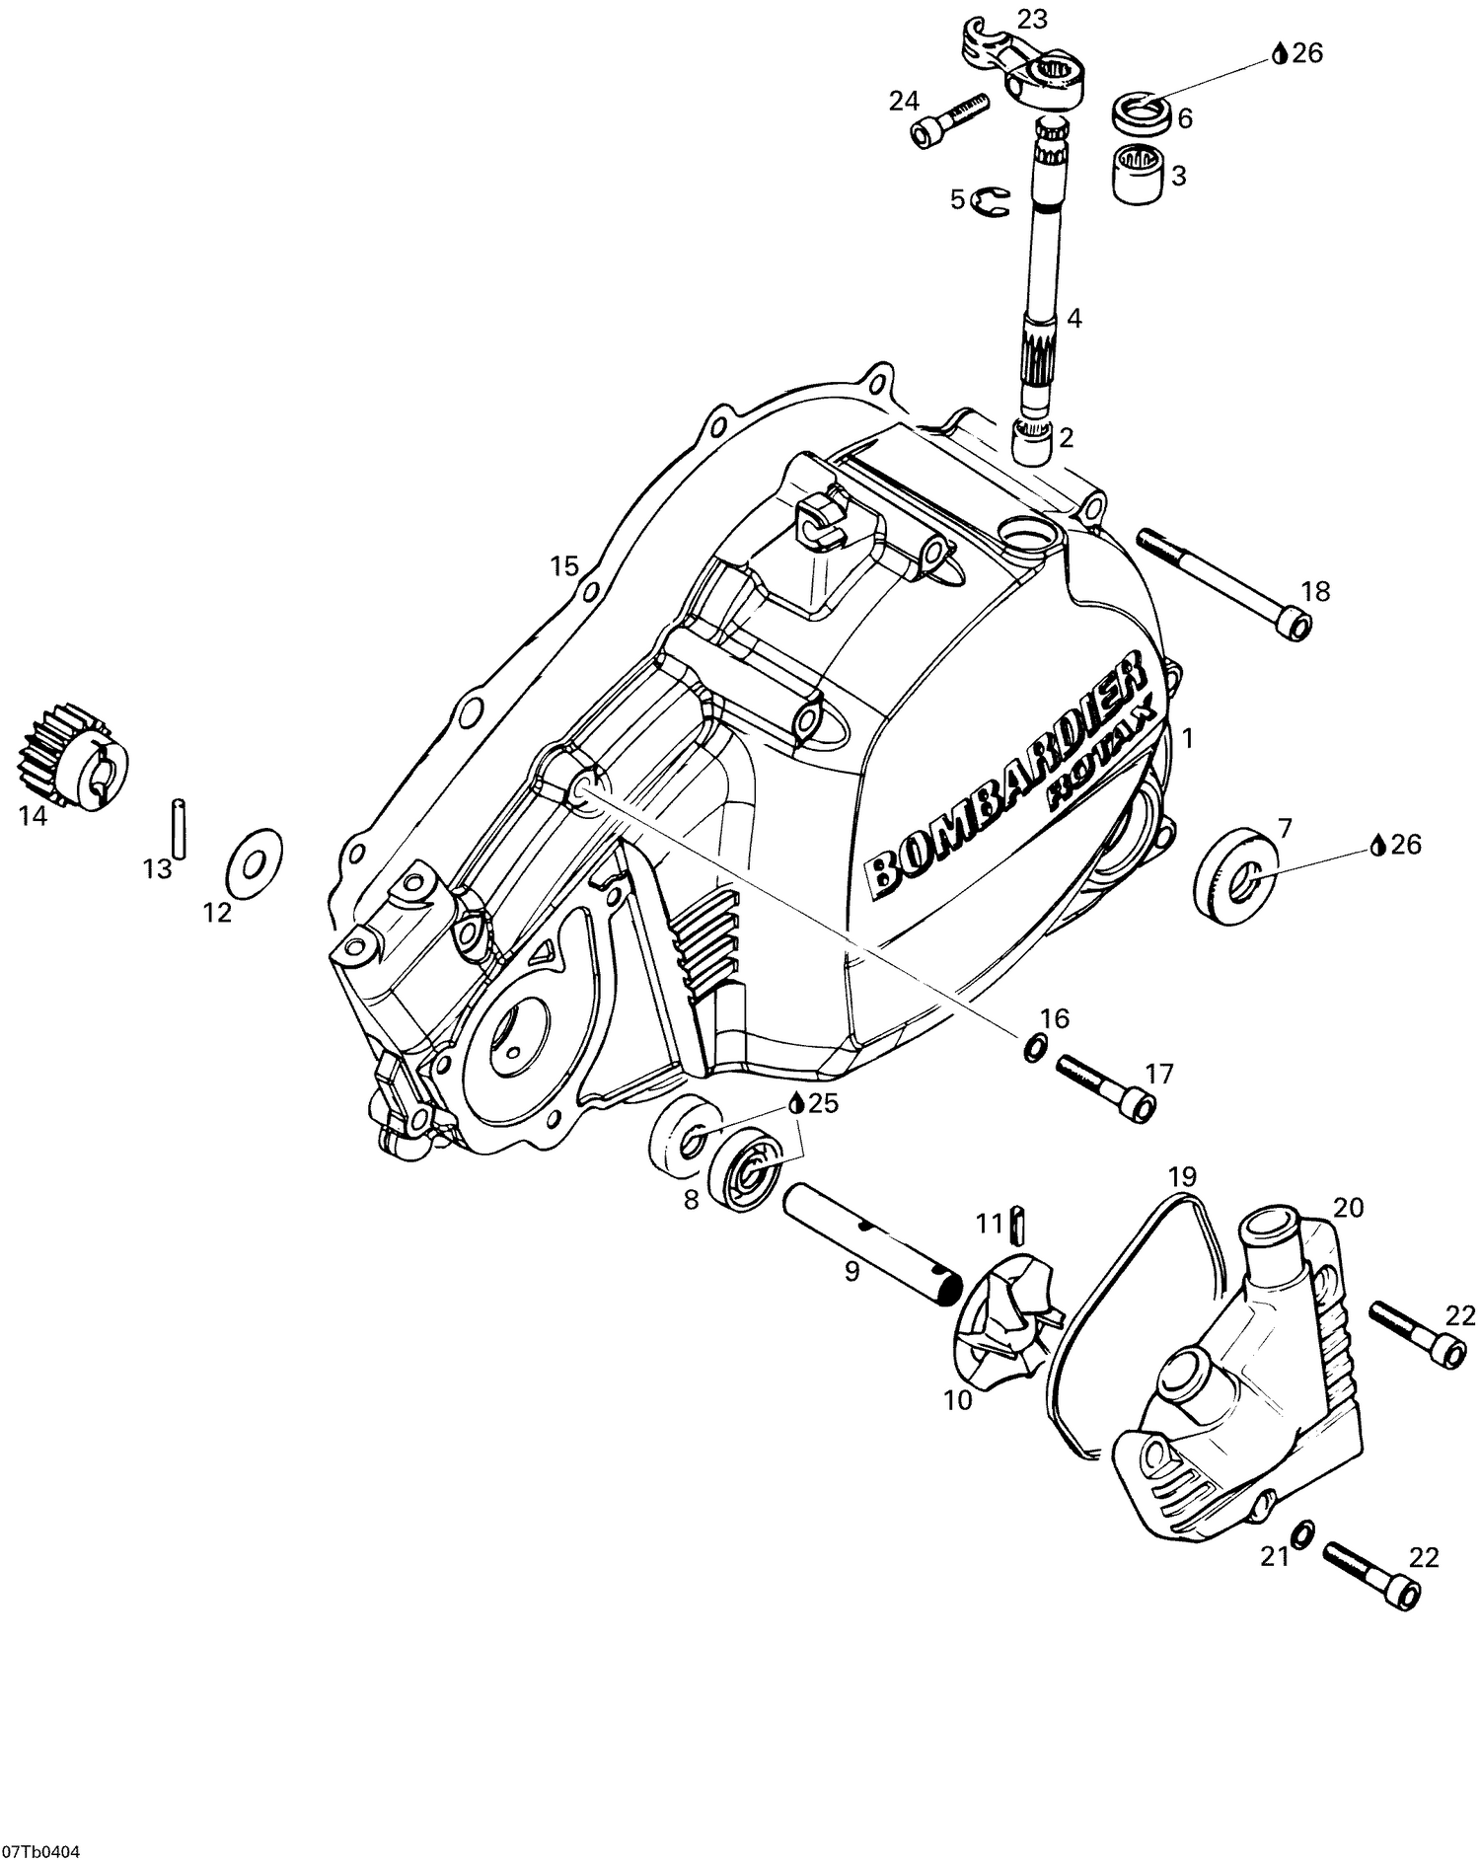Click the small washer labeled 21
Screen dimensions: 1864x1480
[x=1302, y=1533]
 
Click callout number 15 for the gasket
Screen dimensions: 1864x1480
[x=563, y=566]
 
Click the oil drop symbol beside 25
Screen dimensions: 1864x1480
[x=797, y=1104]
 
